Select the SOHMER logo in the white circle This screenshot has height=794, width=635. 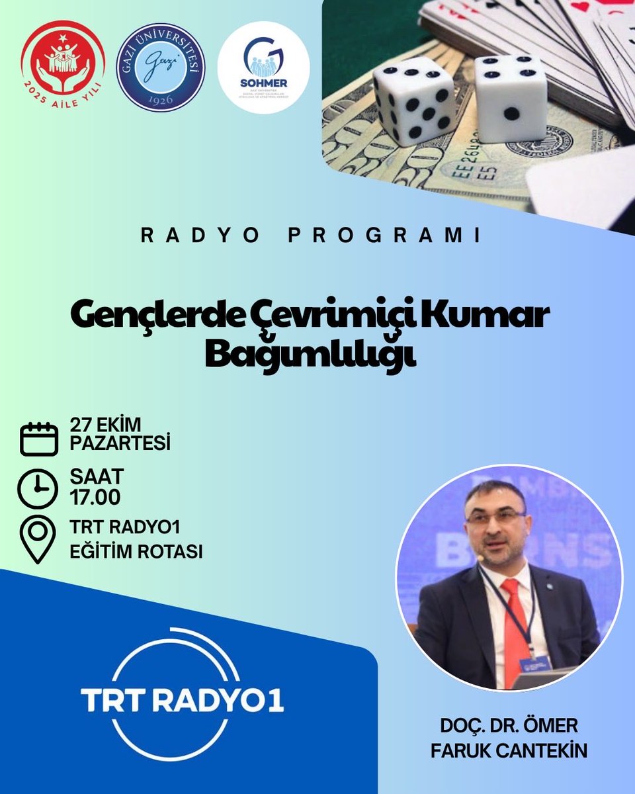tap(263, 67)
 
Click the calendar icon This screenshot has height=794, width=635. tap(40, 438)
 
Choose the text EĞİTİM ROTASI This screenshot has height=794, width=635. tap(136, 551)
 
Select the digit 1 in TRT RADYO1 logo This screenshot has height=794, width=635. tap(276, 699)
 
